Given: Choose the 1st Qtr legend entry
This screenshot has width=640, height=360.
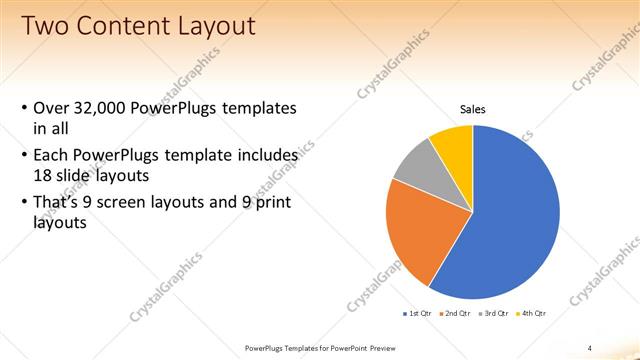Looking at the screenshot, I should tap(418, 313).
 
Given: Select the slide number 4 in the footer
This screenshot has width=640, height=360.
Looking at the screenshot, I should tap(590, 347).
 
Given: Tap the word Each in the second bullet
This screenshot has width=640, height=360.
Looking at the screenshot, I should tap(52, 156).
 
